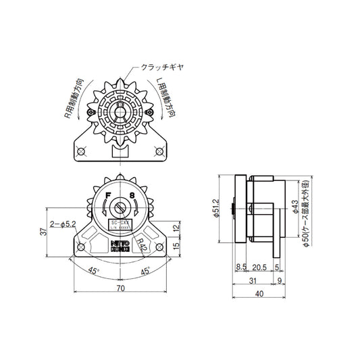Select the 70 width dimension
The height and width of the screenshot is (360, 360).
click(x=120, y=288)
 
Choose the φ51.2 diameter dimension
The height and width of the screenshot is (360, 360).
click(x=214, y=209)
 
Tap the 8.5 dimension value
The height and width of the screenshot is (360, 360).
click(x=240, y=267)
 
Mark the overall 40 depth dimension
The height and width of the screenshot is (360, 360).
click(x=259, y=294)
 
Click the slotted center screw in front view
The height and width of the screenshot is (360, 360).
click(x=120, y=209)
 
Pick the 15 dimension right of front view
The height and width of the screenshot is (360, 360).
click(x=176, y=246)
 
